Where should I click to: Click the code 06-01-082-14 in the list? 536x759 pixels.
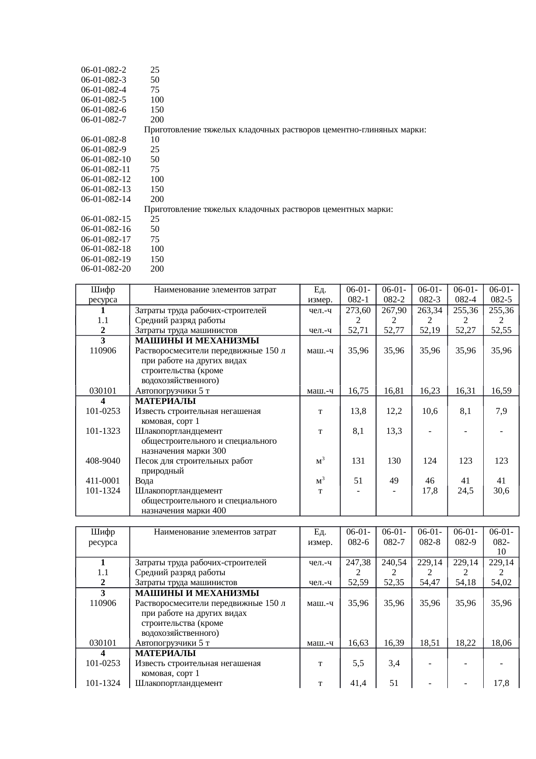pos(106,199)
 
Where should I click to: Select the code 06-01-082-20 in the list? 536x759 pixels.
pos(106,269)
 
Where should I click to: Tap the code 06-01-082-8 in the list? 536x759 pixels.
pos(104,140)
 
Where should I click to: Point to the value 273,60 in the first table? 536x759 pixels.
pos(358,311)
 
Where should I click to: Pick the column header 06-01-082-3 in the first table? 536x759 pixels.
pos(430,295)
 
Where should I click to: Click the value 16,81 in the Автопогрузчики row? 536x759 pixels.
pos(394,391)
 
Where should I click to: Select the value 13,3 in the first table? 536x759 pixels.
pos(394,431)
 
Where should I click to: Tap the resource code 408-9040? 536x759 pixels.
pos(103,461)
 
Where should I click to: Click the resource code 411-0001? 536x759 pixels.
pos(103,481)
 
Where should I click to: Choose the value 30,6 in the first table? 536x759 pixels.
pos(501,491)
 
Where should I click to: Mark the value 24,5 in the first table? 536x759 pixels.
pos(465,491)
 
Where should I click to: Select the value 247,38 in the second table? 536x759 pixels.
pos(358,563)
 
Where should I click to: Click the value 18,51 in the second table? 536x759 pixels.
pos(430,643)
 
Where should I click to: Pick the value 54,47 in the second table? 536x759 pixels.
pos(430,583)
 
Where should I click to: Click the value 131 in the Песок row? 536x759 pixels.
pos(358,461)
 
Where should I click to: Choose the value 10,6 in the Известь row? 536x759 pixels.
pos(430,411)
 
